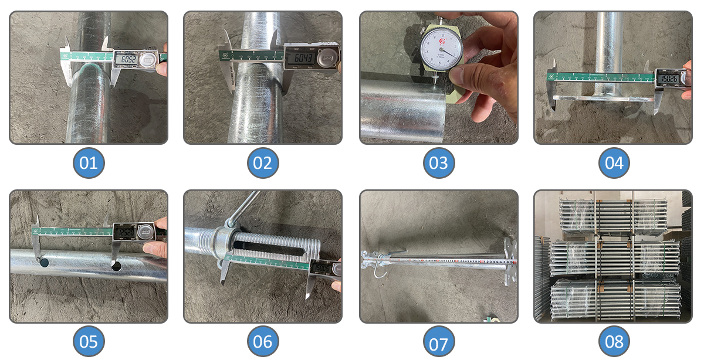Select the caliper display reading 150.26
(668, 79)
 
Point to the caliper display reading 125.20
(125, 232)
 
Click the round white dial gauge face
(441, 50)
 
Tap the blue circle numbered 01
(89, 162)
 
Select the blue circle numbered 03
(438, 162)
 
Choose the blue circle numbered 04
(614, 162)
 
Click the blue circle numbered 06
(263, 341)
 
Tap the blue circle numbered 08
(614, 341)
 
